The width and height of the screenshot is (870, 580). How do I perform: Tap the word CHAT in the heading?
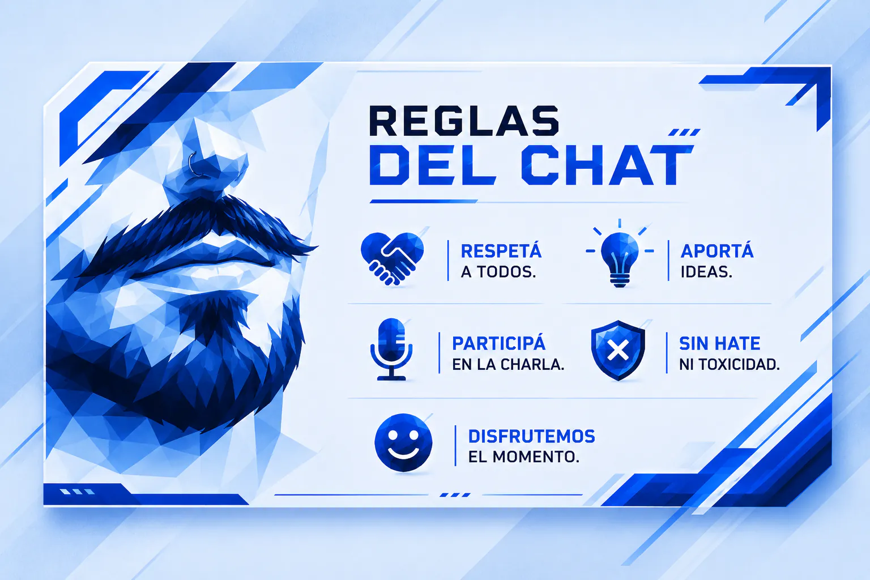(x=607, y=165)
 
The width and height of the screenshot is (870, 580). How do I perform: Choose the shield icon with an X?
(x=618, y=350)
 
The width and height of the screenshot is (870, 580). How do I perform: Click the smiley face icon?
(x=403, y=442)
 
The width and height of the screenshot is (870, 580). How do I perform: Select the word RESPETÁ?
(x=501, y=250)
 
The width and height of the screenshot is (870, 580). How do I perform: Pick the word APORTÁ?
(x=717, y=250)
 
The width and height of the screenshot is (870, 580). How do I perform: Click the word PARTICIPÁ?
(x=498, y=343)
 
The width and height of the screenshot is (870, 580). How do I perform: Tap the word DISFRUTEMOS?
(x=532, y=436)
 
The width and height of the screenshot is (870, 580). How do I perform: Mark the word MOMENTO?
(x=536, y=457)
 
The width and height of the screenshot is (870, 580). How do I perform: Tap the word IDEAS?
(x=706, y=272)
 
